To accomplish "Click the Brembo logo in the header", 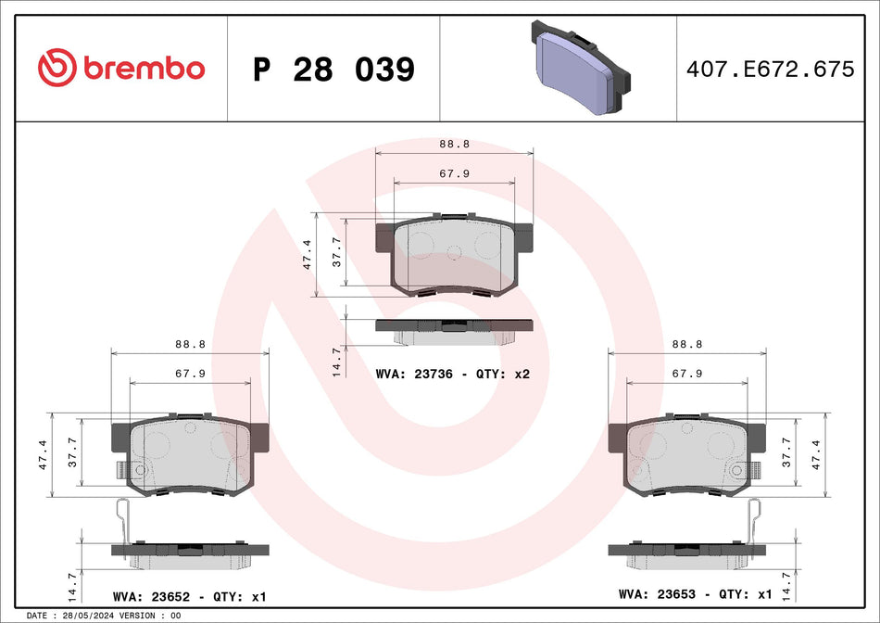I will point(120,68).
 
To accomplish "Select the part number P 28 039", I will point(333,70).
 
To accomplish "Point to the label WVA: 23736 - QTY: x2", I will point(453,375).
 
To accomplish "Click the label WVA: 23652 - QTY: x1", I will point(190,595).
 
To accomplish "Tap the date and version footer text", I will point(104,616).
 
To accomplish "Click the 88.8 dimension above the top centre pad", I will point(453,144).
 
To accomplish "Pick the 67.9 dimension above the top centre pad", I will point(453,173).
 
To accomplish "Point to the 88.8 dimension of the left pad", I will point(190,343).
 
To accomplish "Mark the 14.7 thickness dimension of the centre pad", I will point(337,360).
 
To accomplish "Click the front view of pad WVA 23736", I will point(454,255).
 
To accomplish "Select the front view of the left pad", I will point(190,454).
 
